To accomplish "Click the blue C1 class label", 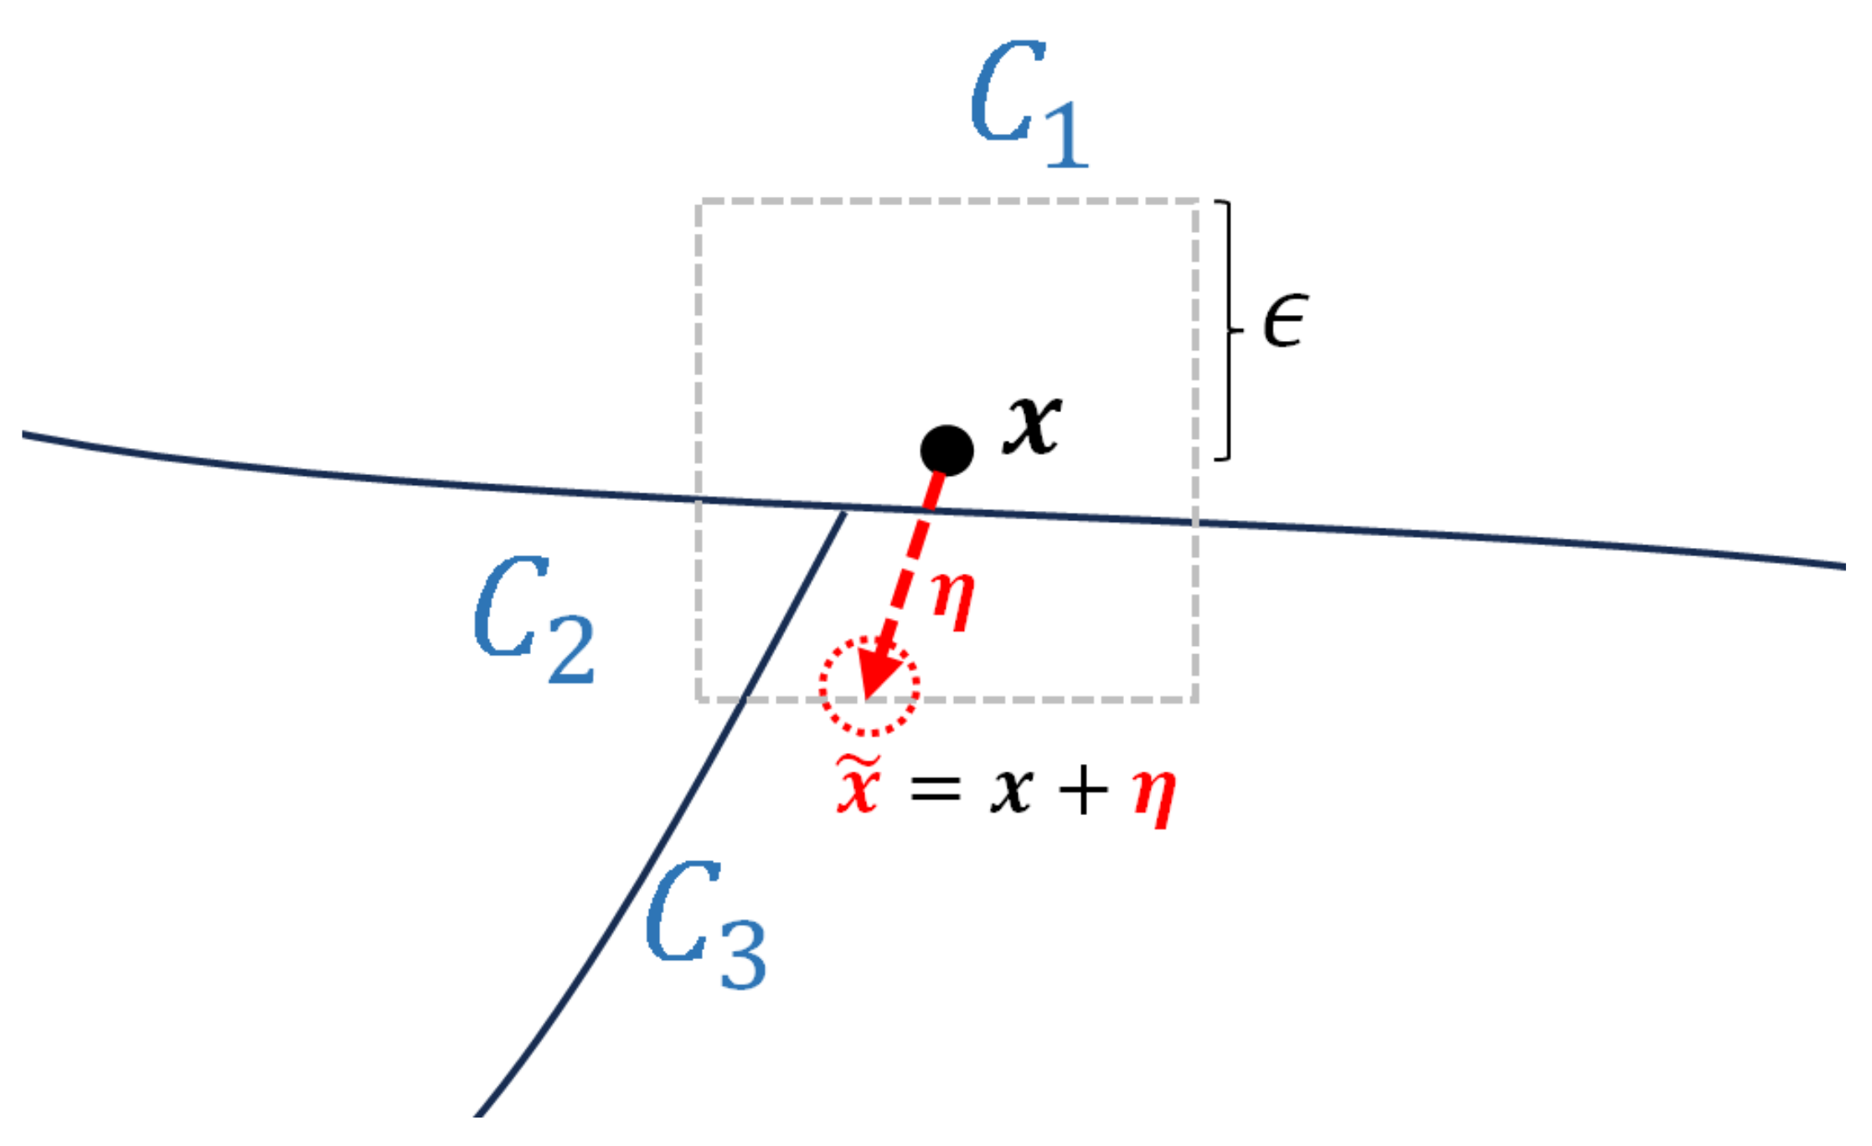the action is (x=1029, y=105).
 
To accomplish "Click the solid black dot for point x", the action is (x=946, y=450).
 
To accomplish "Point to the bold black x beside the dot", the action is (x=1032, y=425).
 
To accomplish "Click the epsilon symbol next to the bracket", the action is (x=1285, y=321).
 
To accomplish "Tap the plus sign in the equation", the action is (x=1082, y=791).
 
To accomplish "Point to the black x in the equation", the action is (x=1011, y=791).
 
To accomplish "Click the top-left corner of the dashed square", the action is (x=699, y=202).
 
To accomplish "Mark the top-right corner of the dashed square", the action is (x=1196, y=202).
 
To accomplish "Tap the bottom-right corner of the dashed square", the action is (x=1196, y=699).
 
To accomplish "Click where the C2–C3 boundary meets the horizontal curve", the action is (x=844, y=509).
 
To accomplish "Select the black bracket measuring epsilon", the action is (x=1228, y=330).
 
